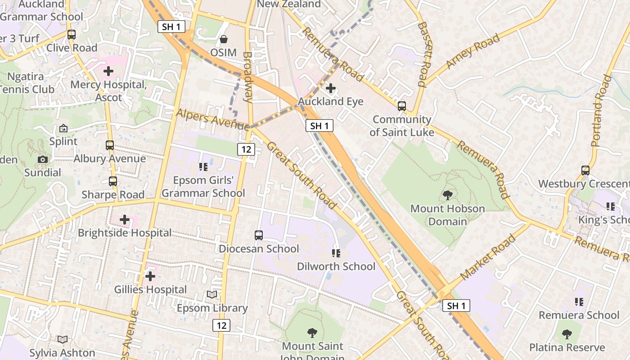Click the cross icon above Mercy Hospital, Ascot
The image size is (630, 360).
108,71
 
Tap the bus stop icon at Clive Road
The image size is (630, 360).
71,35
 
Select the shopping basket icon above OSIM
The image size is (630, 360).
223,40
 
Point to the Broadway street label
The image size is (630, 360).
248,77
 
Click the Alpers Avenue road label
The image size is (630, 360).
212,120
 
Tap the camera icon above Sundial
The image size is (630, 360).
43,159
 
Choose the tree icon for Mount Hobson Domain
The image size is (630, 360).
447,195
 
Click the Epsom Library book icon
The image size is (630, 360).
211,295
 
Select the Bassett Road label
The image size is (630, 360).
424,54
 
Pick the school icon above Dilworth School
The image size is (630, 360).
336,253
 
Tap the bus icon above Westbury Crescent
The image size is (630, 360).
585,171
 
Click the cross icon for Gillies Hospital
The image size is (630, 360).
150,276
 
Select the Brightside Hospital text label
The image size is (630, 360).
125,233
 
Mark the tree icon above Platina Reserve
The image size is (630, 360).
567,334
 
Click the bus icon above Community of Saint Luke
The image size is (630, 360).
401,106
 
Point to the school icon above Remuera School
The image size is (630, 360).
579,301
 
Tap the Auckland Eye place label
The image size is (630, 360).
330,102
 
